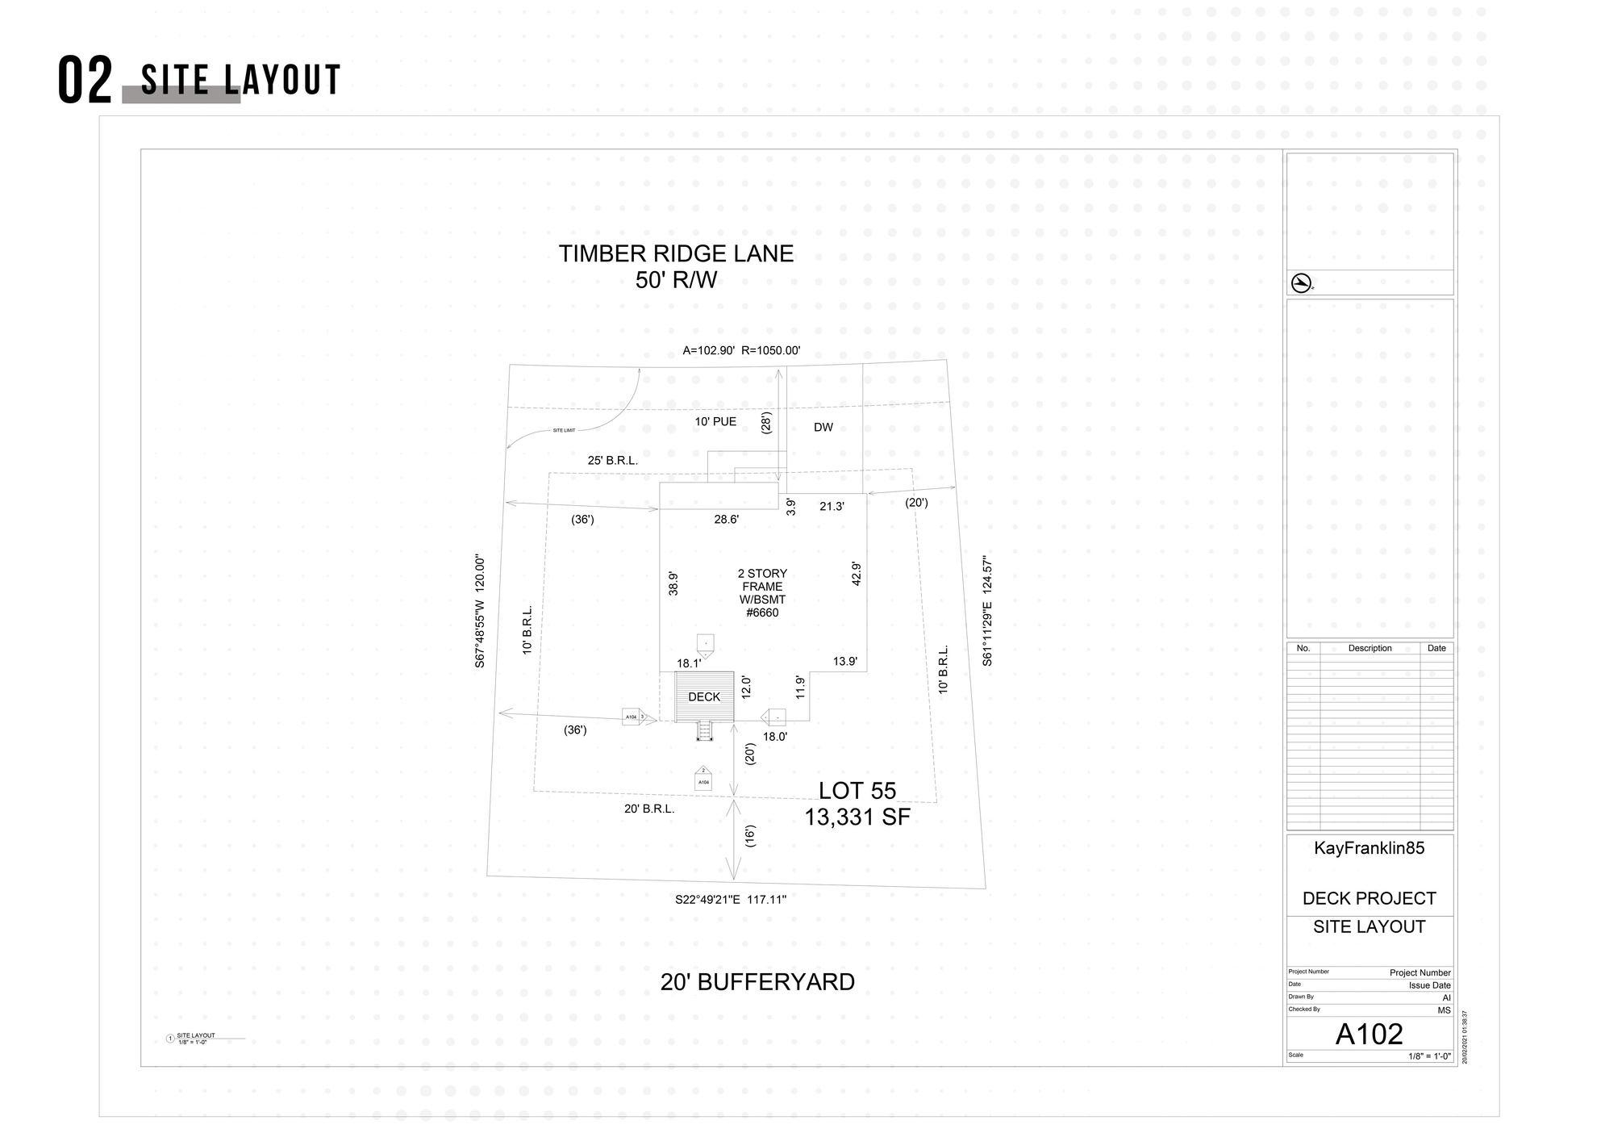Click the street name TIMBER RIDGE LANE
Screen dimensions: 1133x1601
point(676,254)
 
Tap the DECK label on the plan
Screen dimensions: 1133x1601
point(704,697)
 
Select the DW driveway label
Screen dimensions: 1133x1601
point(823,428)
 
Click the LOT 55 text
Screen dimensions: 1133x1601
point(857,791)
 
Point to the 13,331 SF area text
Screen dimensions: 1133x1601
point(857,817)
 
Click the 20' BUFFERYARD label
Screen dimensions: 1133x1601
point(757,982)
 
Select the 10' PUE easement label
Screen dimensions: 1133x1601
point(715,422)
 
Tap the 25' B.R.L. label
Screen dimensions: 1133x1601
point(612,461)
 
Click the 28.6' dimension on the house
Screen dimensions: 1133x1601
point(726,520)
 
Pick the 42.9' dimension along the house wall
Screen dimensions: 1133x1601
point(857,574)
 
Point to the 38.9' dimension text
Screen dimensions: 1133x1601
point(673,583)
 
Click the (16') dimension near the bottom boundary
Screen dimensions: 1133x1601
point(750,836)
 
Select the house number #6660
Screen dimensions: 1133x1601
point(762,613)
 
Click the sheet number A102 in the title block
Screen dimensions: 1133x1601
point(1369,1034)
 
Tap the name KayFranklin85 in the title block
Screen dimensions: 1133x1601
point(1369,848)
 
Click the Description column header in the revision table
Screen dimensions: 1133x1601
point(1370,649)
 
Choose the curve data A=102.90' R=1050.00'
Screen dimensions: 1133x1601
point(741,351)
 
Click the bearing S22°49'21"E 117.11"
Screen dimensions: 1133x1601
point(731,900)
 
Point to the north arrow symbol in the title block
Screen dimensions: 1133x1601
point(1300,283)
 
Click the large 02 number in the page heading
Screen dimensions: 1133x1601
point(85,82)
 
